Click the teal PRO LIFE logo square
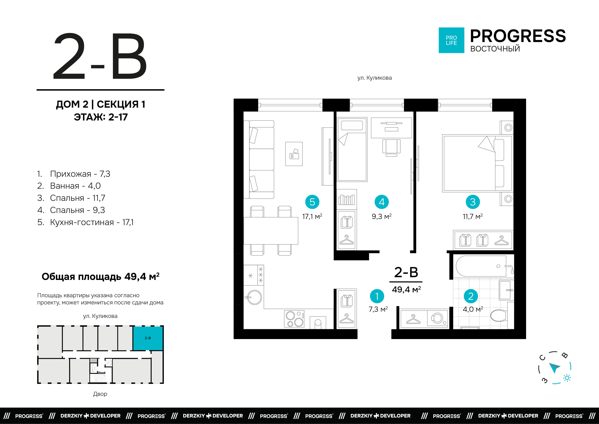(x=451, y=40)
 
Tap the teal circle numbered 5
(x=312, y=202)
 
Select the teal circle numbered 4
(x=382, y=202)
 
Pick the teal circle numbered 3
(x=473, y=202)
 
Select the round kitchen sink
(x=254, y=297)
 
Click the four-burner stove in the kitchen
(x=294, y=319)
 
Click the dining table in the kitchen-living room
(x=271, y=231)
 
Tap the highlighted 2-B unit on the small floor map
(x=148, y=338)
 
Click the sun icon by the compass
(x=567, y=378)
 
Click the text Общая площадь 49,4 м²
(x=100, y=277)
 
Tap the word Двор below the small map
(x=100, y=394)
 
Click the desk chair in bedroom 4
(x=391, y=147)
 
